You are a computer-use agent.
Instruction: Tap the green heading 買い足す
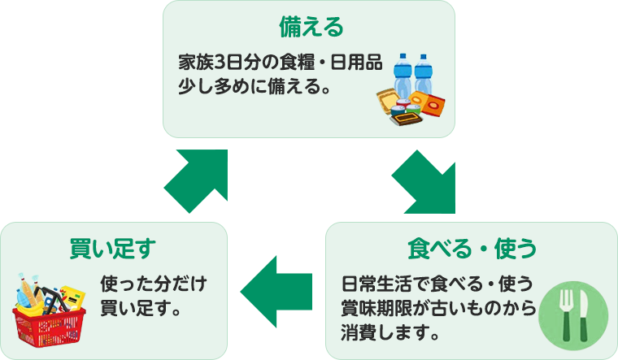coord(112,247)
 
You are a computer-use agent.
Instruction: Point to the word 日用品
coord(362,62)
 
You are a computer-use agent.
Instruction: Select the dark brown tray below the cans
coord(406,118)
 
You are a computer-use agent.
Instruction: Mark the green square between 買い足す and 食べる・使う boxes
coord(276,292)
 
